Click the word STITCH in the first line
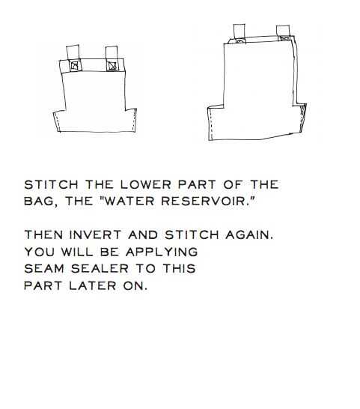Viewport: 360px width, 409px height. click(x=51, y=185)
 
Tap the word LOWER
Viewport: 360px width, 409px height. click(x=146, y=185)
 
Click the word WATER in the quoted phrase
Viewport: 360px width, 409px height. click(x=129, y=201)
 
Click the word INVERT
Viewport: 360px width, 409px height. click(x=95, y=234)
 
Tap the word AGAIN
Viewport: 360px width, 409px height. click(x=249, y=234)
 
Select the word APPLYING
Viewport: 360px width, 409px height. click(x=162, y=252)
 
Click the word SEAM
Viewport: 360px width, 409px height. click(x=44, y=269)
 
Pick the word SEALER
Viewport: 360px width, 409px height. click(x=100, y=269)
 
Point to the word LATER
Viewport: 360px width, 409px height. click(x=93, y=285)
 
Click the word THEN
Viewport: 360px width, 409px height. click(x=43, y=234)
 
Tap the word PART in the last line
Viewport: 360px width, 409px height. click(x=43, y=285)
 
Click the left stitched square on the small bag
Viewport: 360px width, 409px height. click(x=75, y=65)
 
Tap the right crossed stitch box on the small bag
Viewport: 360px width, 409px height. click(x=112, y=65)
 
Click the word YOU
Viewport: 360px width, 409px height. click(x=40, y=252)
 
